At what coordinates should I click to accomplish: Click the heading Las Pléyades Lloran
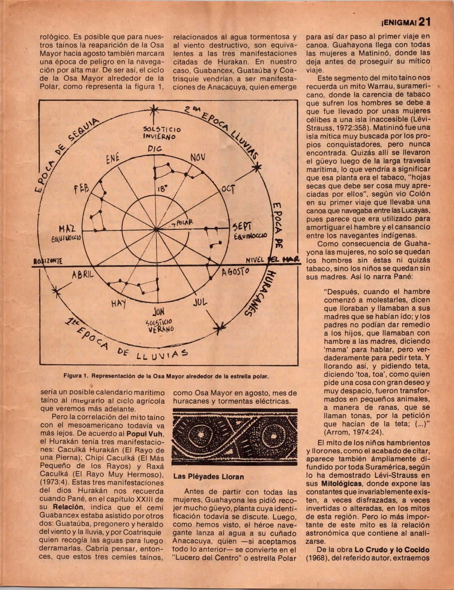209,477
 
